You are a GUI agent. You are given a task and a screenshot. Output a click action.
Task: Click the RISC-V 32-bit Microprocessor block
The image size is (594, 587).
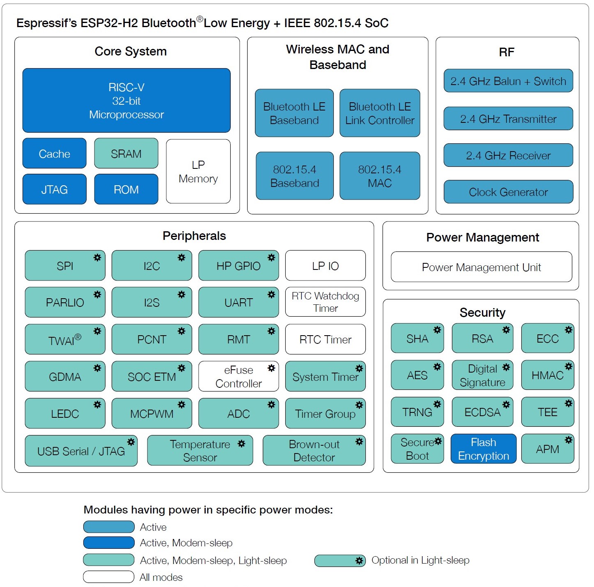point(126,101)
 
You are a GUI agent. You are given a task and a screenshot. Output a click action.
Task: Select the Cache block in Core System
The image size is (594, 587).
point(54,154)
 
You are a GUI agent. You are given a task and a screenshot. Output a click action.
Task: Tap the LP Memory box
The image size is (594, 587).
point(198,171)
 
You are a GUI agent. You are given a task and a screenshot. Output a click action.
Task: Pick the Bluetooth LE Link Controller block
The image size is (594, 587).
point(380,113)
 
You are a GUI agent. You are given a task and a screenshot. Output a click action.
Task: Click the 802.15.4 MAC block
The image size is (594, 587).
point(380,176)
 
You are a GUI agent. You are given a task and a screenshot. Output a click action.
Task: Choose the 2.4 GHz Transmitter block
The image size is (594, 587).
point(508,119)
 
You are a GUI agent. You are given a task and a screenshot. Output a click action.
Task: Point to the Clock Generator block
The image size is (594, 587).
point(508,192)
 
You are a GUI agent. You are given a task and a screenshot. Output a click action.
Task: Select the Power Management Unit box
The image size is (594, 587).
point(481,267)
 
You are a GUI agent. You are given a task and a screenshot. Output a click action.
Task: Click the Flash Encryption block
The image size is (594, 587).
point(483,449)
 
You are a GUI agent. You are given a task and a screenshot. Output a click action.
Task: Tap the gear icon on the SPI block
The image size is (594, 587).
point(97,258)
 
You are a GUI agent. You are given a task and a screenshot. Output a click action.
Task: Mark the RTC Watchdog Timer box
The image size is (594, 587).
point(325,302)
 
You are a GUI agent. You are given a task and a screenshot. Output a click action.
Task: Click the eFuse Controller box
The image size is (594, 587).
point(238,377)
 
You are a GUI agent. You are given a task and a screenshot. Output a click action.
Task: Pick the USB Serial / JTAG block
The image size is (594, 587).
point(81,451)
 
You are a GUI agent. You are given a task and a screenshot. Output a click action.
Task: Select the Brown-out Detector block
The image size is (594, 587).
point(314,451)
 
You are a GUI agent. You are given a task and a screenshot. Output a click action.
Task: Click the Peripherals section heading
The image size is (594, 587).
point(194,236)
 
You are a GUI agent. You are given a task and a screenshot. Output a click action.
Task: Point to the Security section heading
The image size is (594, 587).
point(482,313)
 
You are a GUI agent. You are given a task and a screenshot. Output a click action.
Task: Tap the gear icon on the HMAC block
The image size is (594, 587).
point(569,366)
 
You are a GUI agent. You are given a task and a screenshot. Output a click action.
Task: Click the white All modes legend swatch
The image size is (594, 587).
point(109,577)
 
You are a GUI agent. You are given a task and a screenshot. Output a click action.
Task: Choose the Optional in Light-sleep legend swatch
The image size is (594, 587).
point(340,560)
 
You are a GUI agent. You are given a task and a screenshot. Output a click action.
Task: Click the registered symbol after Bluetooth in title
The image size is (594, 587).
point(200,19)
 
